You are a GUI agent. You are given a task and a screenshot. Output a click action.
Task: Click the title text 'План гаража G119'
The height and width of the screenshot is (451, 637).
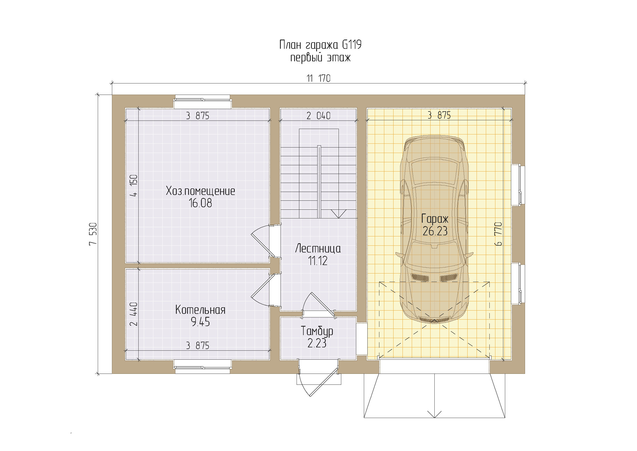pyautogui.click(x=320, y=45)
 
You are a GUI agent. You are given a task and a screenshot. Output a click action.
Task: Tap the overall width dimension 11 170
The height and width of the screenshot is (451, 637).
pyautogui.click(x=319, y=78)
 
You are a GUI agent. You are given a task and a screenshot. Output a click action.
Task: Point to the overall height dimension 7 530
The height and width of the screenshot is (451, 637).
pyautogui.click(x=93, y=234)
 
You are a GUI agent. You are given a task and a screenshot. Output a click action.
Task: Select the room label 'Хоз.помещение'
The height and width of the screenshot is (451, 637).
pyautogui.click(x=200, y=191)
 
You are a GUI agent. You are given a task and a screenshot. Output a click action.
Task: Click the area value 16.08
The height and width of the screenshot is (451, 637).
pyautogui.click(x=200, y=203)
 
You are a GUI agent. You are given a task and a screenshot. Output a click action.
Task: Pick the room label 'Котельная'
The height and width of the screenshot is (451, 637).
pyautogui.click(x=200, y=310)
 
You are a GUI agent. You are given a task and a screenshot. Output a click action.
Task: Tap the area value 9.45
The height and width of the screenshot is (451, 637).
pyautogui.click(x=200, y=322)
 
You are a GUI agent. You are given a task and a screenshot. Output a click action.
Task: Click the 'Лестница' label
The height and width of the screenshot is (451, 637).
pyautogui.click(x=318, y=249)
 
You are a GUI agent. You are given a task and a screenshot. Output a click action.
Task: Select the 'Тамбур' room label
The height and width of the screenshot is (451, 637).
pyautogui.click(x=317, y=331)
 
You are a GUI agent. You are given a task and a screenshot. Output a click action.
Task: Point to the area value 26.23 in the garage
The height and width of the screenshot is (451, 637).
pyautogui.click(x=435, y=231)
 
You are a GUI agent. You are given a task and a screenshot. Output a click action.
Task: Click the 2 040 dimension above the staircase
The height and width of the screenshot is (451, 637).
pyautogui.click(x=319, y=116)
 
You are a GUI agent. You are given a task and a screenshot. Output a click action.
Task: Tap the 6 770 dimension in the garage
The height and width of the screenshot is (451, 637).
pyautogui.click(x=498, y=234)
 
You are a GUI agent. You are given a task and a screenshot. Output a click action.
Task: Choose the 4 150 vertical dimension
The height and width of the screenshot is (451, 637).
pyautogui.click(x=134, y=185)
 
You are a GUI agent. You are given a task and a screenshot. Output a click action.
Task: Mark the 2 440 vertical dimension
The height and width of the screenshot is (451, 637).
pyautogui.click(x=134, y=314)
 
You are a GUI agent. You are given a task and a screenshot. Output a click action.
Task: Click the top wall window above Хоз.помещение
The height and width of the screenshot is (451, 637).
pyautogui.click(x=203, y=102)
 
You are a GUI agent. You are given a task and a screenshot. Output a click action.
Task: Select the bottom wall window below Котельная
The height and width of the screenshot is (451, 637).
pyautogui.click(x=203, y=366)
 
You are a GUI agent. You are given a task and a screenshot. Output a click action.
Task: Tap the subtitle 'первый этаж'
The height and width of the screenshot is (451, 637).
pyautogui.click(x=321, y=58)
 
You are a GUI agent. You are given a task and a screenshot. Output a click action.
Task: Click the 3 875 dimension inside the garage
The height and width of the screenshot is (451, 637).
pyautogui.click(x=440, y=115)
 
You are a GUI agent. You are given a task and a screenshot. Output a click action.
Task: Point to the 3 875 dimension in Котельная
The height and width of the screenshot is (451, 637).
pyautogui.click(x=198, y=345)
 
